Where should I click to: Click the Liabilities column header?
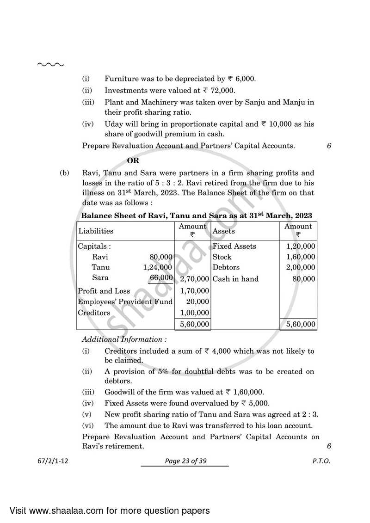click(x=96, y=231)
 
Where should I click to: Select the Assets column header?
click(x=223, y=231)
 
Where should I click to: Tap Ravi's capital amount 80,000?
click(x=161, y=257)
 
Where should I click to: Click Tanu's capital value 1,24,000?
click(x=158, y=267)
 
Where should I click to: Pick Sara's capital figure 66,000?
click(x=161, y=277)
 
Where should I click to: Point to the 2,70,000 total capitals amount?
click(x=192, y=279)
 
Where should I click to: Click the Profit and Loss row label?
click(x=104, y=291)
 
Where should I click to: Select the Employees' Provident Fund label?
click(x=125, y=301)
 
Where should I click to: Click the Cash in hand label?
click(x=235, y=279)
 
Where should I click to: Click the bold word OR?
click(x=133, y=160)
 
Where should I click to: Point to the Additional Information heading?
click(x=124, y=339)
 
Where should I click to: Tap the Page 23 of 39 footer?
click(x=185, y=461)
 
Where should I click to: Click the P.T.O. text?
click(x=321, y=461)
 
